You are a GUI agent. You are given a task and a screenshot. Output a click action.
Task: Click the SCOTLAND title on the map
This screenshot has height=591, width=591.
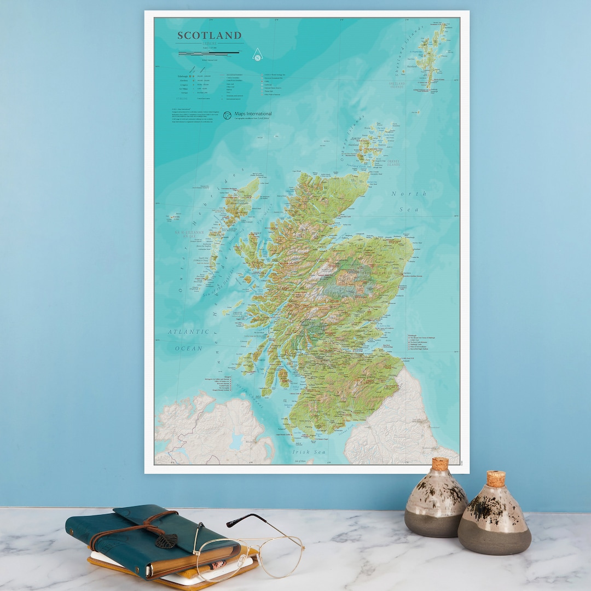209,36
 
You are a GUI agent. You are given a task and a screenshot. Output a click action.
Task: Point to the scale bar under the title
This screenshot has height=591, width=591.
208,53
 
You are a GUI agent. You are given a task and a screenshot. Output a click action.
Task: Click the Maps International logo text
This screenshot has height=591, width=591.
253,114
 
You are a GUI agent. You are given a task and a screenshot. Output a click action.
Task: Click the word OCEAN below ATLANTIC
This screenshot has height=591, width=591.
189,348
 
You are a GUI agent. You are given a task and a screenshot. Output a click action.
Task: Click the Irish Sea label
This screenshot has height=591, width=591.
309,452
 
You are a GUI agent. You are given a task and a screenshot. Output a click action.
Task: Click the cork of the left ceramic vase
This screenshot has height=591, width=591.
439,464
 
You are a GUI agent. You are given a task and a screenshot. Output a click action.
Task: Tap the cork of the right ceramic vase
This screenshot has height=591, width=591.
496,478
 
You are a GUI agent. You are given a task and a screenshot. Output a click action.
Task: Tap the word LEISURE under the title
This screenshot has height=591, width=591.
210,43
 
